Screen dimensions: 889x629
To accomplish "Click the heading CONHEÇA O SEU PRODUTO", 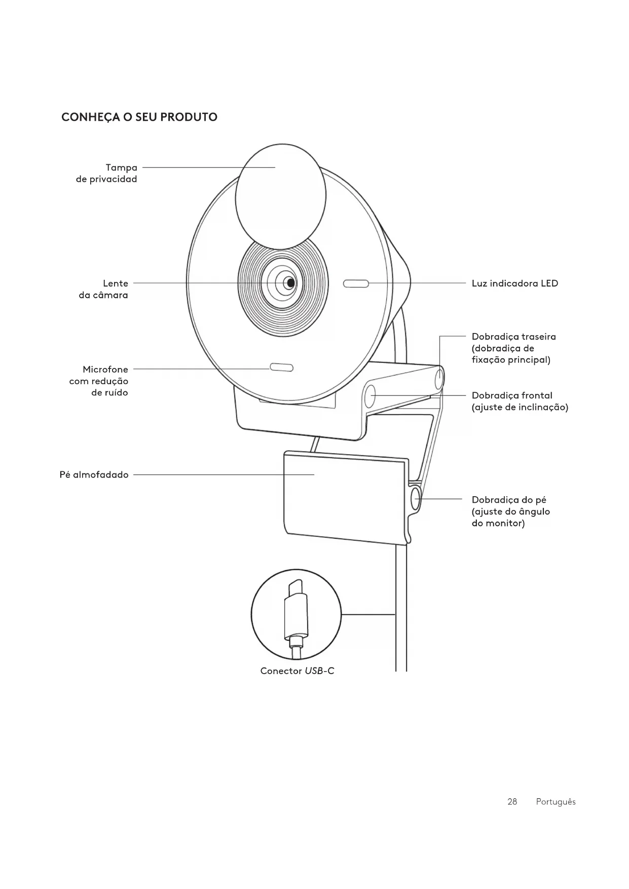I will click(139, 117).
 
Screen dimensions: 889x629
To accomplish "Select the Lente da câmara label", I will click(104, 289).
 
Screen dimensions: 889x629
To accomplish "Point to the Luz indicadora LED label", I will click(514, 283).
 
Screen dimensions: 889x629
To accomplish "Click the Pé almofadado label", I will click(94, 475).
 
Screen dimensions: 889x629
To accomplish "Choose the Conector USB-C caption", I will click(297, 671).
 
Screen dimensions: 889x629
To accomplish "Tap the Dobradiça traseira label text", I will click(513, 348).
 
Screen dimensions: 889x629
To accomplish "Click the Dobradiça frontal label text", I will click(520, 401).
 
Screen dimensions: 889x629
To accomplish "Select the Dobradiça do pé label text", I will click(510, 511).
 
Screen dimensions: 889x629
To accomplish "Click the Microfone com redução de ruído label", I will click(99, 381).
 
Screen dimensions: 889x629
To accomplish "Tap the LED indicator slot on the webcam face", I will click(356, 283).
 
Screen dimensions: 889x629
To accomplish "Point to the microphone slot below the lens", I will click(281, 367).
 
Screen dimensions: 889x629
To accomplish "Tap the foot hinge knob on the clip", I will click(416, 498).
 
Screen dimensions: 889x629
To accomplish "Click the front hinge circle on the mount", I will click(371, 395).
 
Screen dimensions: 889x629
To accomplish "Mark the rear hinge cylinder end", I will click(439, 378).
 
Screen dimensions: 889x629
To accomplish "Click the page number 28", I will click(512, 802).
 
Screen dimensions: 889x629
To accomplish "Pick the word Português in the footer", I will click(556, 802).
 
